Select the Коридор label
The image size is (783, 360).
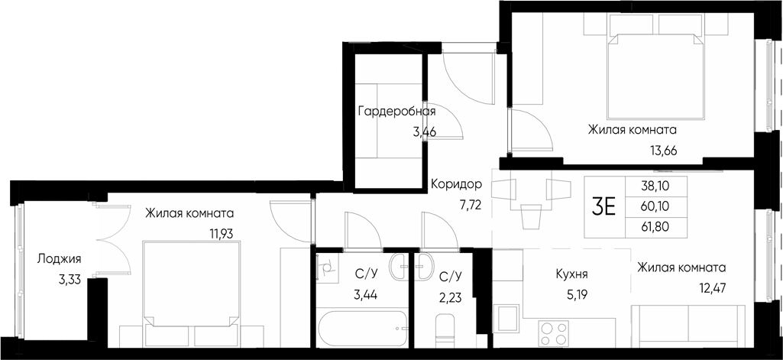coord(456,184)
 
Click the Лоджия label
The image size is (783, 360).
coord(59,259)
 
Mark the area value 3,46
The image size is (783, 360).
coord(425,131)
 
